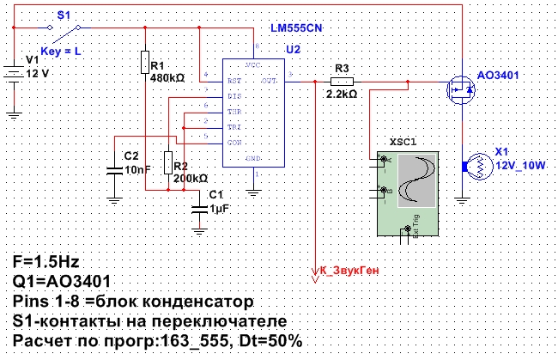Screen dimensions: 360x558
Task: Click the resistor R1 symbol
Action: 145,63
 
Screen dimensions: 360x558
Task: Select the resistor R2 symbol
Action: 167,162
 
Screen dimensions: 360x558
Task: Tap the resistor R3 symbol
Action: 343,82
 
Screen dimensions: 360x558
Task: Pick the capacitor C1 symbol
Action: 200,207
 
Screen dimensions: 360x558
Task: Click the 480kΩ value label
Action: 167,77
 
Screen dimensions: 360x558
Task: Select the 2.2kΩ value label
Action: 342,95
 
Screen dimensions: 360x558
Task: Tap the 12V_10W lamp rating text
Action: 520,165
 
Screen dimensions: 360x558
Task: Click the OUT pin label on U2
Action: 270,81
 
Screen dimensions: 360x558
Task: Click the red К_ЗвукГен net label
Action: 349,270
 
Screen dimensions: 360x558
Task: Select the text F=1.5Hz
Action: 50,262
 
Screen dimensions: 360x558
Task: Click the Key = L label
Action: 62,52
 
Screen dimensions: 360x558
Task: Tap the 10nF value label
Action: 136,170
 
